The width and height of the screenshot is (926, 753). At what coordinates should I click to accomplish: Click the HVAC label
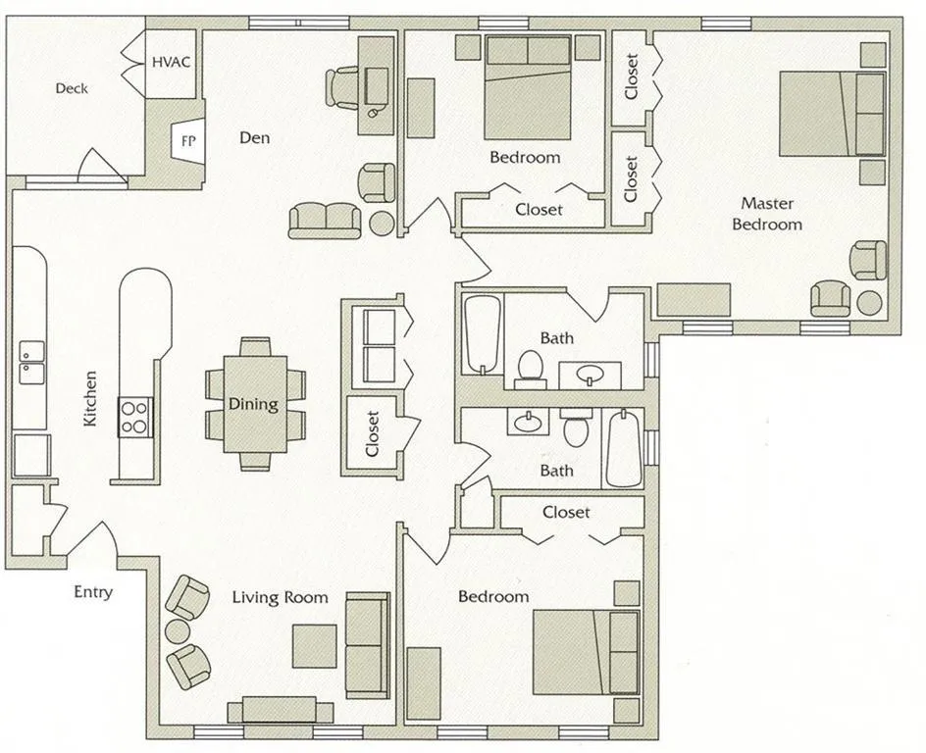[171, 62]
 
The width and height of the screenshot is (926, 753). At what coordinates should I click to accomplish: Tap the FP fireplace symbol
[187, 140]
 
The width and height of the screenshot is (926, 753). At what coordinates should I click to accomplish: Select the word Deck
[72, 88]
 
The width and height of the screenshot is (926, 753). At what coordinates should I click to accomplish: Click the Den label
[254, 138]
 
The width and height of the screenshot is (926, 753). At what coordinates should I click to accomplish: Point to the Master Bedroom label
[770, 214]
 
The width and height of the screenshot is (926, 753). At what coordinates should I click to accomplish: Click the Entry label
[93, 592]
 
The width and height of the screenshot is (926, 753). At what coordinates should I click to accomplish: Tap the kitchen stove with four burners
[135, 416]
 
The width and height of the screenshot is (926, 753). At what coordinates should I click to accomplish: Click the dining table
[254, 403]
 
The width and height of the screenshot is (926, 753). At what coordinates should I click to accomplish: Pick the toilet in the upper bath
[530, 367]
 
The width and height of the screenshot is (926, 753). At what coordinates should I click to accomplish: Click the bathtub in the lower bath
[624, 449]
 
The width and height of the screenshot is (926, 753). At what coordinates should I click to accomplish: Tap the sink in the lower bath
[528, 422]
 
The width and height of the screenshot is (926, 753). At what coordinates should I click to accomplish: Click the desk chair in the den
[343, 86]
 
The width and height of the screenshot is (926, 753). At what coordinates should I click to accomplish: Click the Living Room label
[280, 597]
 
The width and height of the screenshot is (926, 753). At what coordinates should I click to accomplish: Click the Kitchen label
[90, 397]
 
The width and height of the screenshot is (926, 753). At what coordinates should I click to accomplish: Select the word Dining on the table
[253, 404]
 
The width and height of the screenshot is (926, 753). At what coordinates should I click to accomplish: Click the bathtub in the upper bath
[483, 333]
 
